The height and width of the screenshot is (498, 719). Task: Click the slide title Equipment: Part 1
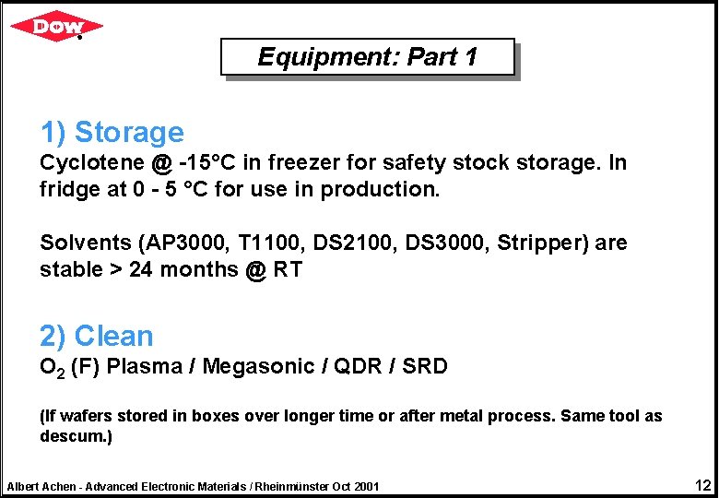367,57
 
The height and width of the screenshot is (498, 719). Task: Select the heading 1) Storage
112,133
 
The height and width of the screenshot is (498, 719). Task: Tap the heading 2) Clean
96,337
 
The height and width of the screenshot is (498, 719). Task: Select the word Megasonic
258,367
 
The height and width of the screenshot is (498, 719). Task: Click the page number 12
702,485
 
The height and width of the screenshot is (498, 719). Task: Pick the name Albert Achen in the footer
41,486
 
